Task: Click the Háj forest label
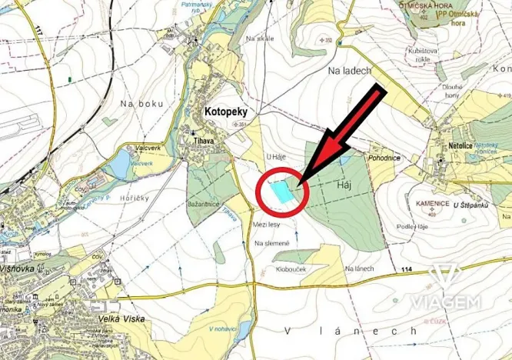[344, 185]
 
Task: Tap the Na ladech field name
[350, 71]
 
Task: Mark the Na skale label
[260, 38]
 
